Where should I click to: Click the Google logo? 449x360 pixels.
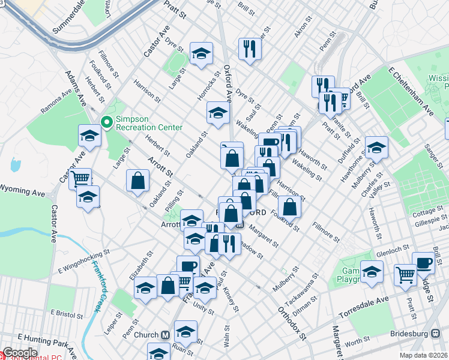[19, 353]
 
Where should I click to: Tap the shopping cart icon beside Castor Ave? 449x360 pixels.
[80, 178]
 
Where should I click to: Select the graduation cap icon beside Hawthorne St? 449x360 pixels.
[376, 147]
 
